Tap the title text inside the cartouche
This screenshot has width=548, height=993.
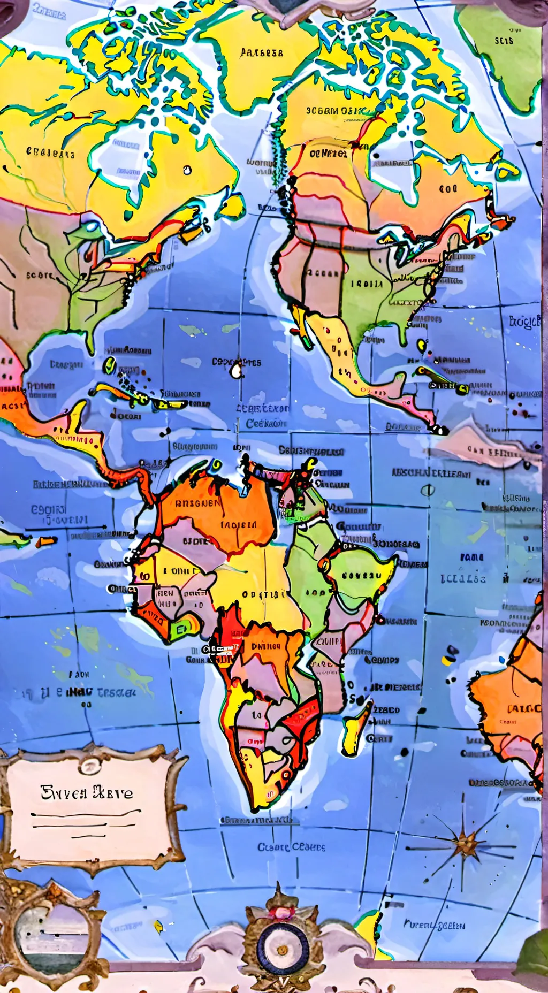pos(87,792)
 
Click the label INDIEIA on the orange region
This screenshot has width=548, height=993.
pos(239,525)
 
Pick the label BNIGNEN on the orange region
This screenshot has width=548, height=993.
pos(197,503)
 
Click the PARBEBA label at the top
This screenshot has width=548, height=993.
pos(262,52)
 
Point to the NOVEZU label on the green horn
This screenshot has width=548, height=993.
pos(362,576)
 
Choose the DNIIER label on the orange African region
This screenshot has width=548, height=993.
pos(266,646)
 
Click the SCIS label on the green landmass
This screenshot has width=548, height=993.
pos(504,41)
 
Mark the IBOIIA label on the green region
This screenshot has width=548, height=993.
pos(367,284)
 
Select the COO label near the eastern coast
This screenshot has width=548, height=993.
pos(448,188)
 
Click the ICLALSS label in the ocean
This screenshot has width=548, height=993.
pos(463,579)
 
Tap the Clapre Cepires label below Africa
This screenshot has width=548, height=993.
pos(291,847)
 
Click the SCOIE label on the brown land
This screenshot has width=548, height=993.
pos(40,275)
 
